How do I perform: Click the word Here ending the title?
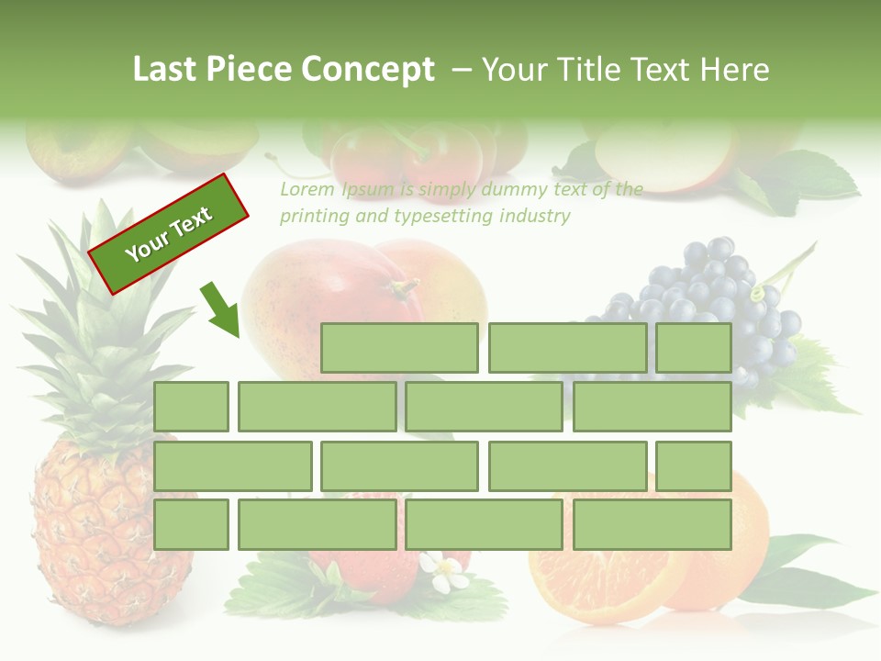pyautogui.click(x=734, y=70)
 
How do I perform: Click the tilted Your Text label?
pyautogui.click(x=169, y=234)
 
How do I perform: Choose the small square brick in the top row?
pyautogui.click(x=694, y=348)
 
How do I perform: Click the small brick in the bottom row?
pyautogui.click(x=191, y=525)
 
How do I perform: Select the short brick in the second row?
pyautogui.click(x=191, y=407)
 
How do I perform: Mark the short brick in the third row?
pyautogui.click(x=694, y=466)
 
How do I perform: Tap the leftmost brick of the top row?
pyautogui.click(x=399, y=348)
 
